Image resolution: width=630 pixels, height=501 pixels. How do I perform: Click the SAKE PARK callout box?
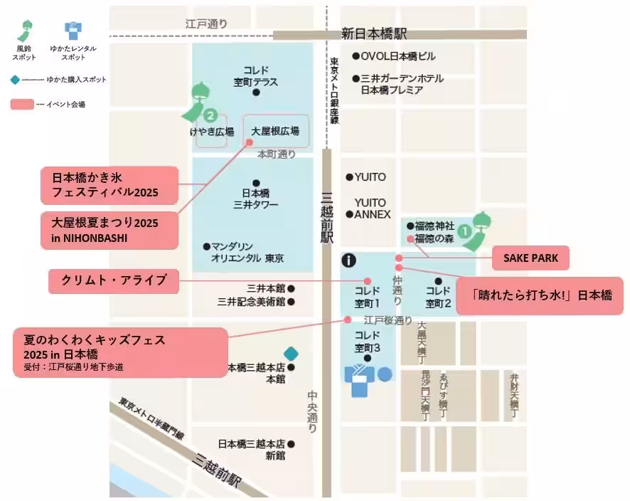[x=530, y=258]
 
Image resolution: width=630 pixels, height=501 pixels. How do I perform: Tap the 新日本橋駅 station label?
[x=374, y=33]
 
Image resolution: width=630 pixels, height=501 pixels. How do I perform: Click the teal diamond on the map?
[x=290, y=353]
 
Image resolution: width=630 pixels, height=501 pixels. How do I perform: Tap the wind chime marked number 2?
[x=201, y=107]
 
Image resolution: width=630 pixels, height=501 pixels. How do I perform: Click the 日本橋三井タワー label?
[x=256, y=199]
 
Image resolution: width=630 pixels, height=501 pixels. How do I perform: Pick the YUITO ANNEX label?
[x=370, y=209]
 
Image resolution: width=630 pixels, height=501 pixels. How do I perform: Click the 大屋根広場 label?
[x=275, y=131]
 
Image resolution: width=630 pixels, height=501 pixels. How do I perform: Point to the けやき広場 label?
[x=211, y=131]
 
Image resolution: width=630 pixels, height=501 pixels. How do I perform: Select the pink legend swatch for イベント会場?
[x=23, y=105]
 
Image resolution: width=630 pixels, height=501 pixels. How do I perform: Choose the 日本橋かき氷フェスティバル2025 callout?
[x=114, y=184]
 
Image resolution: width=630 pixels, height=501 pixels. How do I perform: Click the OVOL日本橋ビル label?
[x=398, y=56]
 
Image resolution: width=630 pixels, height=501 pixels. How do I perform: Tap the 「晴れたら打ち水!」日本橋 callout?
[x=538, y=293]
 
